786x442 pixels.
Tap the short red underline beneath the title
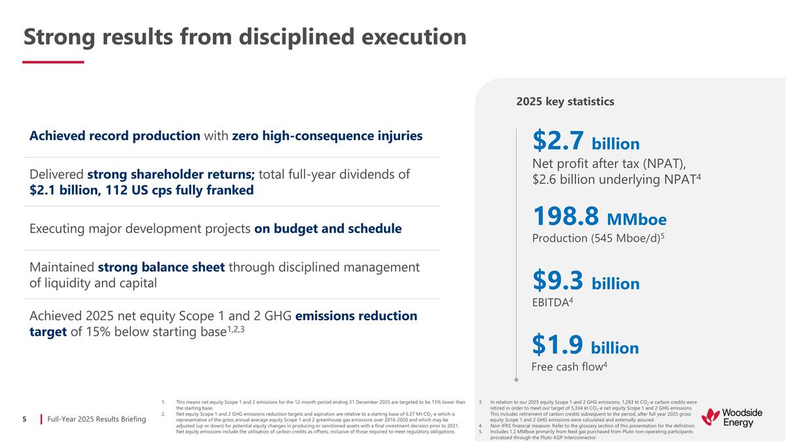[53, 62]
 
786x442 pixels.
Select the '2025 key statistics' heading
[565, 101]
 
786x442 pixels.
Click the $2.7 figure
[557, 141]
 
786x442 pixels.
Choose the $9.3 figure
[557, 282]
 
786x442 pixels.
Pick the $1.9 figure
[557, 345]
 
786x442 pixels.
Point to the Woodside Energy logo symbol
[710, 416]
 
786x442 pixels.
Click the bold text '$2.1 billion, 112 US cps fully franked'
[141, 190]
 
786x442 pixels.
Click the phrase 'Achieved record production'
[115, 136]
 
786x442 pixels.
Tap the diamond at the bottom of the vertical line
[516, 378]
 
